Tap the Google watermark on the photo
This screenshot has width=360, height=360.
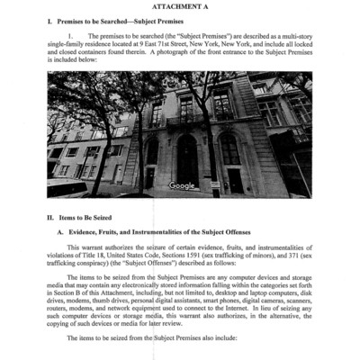tap(181, 185)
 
